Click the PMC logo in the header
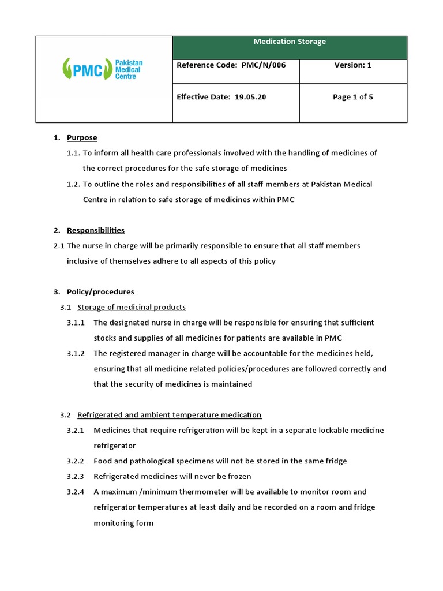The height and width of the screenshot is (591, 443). tap(103, 70)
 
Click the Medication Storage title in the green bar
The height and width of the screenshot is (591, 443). tap(290, 42)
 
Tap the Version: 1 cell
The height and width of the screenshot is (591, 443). tap(353, 65)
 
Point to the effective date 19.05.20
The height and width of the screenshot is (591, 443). tap(250, 97)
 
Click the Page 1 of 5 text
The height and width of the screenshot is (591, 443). tap(353, 97)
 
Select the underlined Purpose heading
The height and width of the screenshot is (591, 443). tap(82, 138)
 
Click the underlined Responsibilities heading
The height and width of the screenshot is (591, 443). tap(96, 230)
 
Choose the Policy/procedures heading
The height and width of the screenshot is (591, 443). tap(101, 292)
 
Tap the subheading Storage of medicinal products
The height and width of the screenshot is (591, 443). tap(132, 307)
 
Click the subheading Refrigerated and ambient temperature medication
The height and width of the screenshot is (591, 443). tap(169, 415)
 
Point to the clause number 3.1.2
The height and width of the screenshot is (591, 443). tap(76, 353)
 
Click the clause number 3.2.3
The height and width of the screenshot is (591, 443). tap(76, 477)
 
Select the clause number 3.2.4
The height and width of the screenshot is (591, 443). tap(76, 492)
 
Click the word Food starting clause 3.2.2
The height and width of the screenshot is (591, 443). tap(103, 461)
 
